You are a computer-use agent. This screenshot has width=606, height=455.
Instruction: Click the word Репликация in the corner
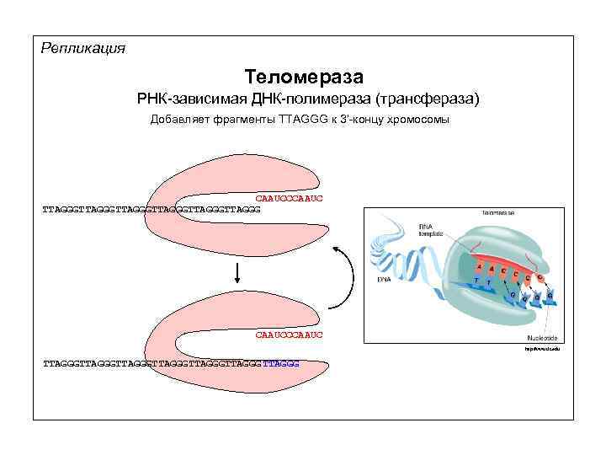[x=83, y=49]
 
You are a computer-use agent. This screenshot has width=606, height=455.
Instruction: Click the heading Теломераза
[x=304, y=78]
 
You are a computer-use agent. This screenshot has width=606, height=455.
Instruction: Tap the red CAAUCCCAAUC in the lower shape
[x=289, y=335]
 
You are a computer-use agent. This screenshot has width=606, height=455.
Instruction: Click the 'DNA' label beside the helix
[x=384, y=278]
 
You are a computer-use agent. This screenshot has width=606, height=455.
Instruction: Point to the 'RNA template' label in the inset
[x=431, y=228]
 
